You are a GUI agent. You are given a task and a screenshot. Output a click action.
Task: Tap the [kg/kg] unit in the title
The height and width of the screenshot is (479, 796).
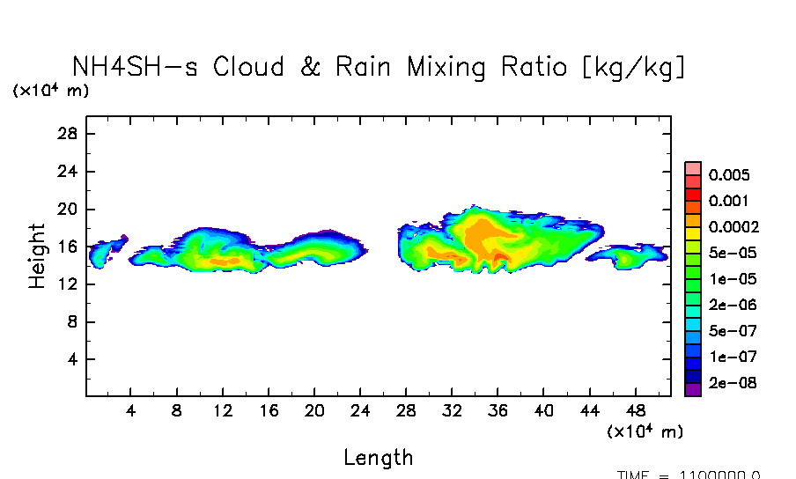pos(634,68)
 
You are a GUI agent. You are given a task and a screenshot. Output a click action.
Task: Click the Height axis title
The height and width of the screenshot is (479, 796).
pos(37,255)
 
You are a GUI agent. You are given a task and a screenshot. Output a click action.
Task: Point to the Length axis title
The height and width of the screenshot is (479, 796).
pos(378,457)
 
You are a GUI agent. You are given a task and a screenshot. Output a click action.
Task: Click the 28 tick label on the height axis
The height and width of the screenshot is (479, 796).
pos(69,134)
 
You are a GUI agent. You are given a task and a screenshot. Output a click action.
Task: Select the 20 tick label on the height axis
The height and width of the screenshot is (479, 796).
pos(69,210)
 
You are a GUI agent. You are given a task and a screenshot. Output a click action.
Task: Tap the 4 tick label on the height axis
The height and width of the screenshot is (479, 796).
pos(73,360)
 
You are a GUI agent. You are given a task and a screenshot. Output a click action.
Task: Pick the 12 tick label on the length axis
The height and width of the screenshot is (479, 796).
pos(223,411)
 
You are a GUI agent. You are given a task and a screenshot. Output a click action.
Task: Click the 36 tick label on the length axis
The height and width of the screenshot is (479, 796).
pos(497,411)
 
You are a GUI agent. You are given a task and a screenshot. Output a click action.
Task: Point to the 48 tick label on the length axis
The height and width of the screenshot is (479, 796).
pos(635,411)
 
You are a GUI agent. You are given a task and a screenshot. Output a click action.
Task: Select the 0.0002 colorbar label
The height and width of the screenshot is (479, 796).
pos(733,227)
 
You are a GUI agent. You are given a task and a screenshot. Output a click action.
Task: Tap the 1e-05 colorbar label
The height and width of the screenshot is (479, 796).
pos(728,279)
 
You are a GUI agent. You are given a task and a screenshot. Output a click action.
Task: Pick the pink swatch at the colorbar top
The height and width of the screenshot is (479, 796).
pos(693,168)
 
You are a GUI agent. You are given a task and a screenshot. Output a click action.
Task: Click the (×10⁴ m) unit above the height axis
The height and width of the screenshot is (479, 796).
pos(50,91)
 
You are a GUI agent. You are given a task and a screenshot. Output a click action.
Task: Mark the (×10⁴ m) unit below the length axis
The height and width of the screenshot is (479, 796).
pos(645,431)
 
